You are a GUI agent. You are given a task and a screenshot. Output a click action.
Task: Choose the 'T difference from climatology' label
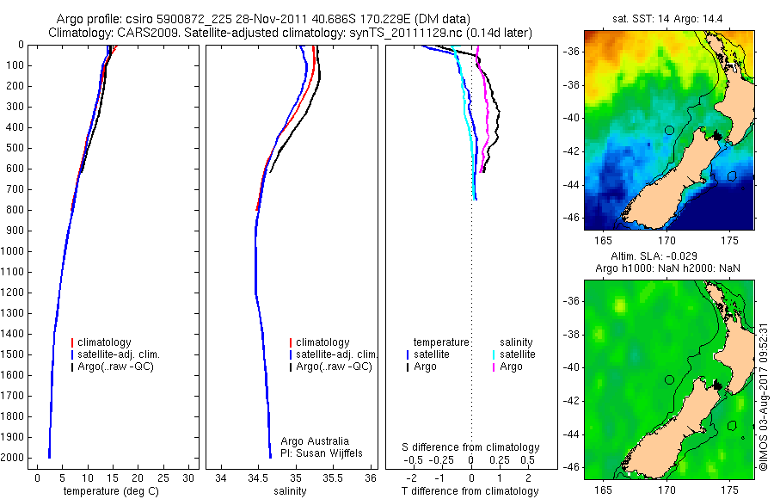[x=471, y=491]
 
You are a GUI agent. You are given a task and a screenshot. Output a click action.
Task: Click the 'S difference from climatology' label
[x=471, y=447]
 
